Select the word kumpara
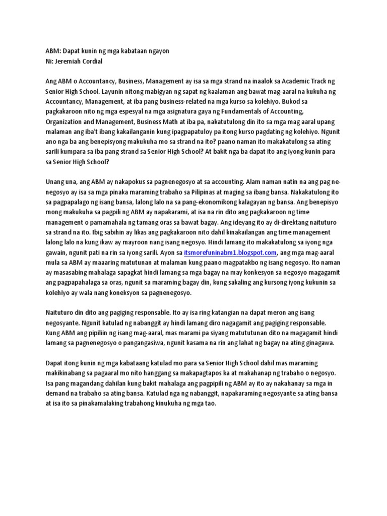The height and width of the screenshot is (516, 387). click(76, 152)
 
